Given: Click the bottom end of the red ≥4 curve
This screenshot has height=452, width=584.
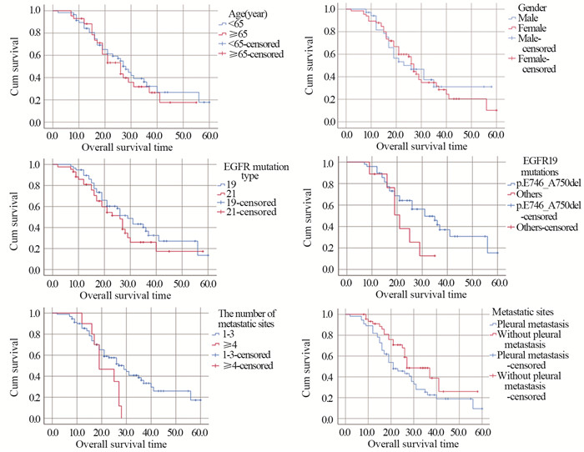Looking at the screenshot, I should click(122, 417).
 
